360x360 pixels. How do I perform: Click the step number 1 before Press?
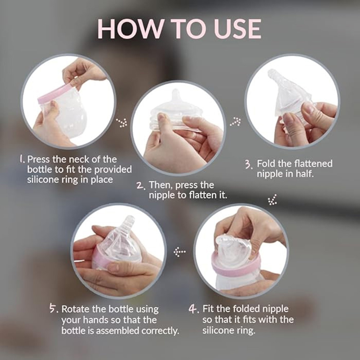pyautogui.click(x=22, y=159)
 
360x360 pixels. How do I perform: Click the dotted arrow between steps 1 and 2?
pyautogui.click(x=123, y=122)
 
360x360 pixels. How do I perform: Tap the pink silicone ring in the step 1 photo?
pyautogui.click(x=54, y=94)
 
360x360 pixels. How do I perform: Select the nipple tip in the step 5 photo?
pyautogui.click(x=129, y=220)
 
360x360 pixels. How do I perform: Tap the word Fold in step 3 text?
pyautogui.click(x=266, y=164)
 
